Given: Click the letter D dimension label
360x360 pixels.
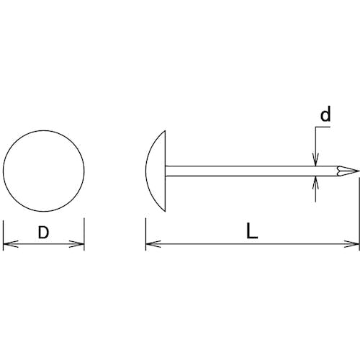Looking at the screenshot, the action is click(43, 233).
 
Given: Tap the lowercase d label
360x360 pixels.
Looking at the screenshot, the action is click(325, 114).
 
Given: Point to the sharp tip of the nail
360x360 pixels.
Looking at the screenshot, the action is click(359, 171).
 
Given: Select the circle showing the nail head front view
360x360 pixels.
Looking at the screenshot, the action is click(4, 171).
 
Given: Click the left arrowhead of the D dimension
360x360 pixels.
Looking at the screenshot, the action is click(11, 244).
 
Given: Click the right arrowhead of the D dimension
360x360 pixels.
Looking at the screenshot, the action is click(77, 244).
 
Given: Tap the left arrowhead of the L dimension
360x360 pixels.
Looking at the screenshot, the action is click(153, 244).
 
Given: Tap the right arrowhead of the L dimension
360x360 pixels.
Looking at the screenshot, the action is click(352, 244).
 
